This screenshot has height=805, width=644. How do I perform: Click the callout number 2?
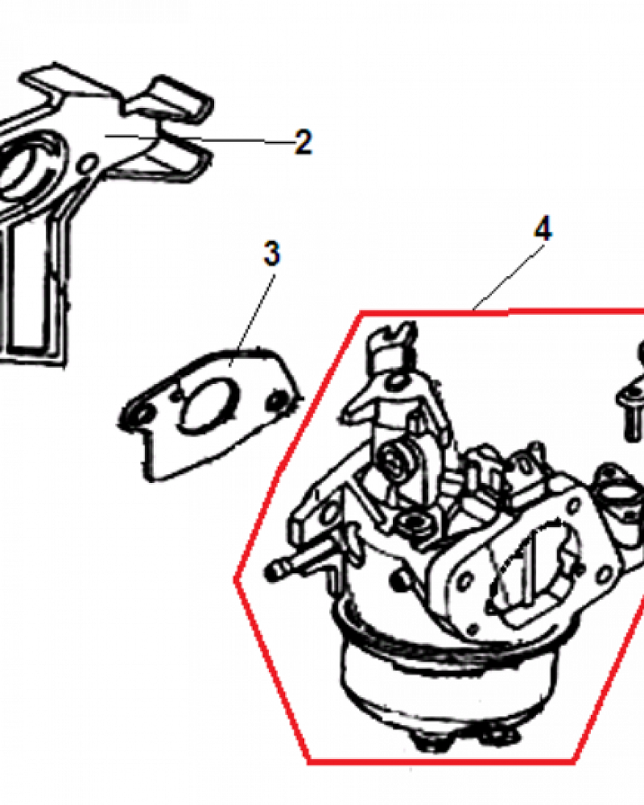click(x=303, y=142)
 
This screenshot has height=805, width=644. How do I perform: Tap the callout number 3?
click(x=271, y=253)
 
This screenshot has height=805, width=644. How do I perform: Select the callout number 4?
click(x=543, y=229)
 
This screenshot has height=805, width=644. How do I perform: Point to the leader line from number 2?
click(x=200, y=138)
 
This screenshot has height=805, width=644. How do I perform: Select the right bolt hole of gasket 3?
click(x=278, y=399)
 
